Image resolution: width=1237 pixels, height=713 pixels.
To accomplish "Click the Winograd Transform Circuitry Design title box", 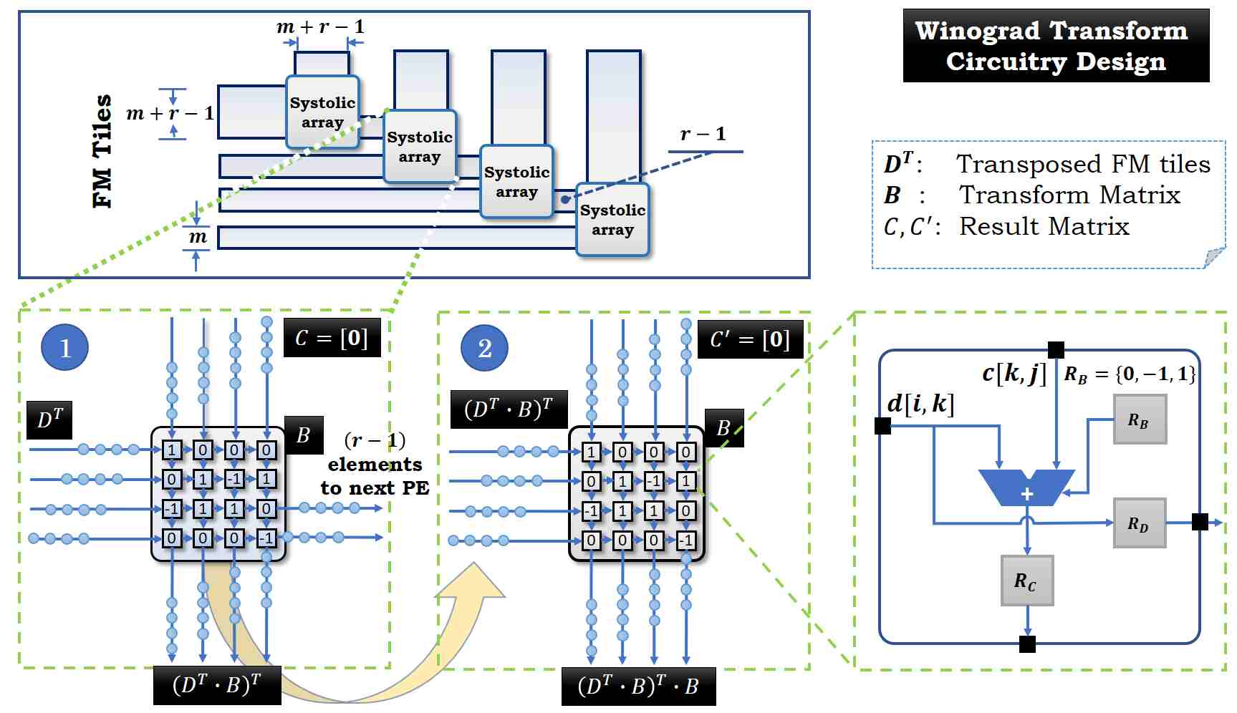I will pos(1055,46).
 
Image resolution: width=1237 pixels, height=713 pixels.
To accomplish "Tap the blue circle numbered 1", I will pos(65,347).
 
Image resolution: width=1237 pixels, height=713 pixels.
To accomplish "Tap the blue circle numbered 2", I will pos(485,348).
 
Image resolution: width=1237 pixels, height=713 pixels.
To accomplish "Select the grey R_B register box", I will pos(1139,420).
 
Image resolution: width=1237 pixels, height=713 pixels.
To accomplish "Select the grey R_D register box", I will pos(1139,524).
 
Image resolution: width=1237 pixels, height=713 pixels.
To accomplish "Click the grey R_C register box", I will pos(1026,581).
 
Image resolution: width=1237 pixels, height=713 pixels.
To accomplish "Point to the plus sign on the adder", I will pos(1026,494).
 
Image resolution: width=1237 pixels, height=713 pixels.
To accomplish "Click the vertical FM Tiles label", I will pos(103,151).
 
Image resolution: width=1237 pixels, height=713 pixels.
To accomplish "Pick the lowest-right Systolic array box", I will pos(612,220).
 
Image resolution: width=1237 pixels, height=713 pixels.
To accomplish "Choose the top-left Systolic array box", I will pos(322,112).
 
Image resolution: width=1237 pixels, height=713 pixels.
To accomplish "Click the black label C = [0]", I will pos(332,338).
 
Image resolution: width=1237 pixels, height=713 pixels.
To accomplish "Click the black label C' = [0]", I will pos(750,339).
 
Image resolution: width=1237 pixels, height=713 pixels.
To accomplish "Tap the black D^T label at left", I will pos(49,420).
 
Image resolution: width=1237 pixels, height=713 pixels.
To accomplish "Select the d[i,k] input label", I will pos(920,404).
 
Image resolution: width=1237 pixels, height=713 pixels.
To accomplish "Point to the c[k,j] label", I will pos(1014,373).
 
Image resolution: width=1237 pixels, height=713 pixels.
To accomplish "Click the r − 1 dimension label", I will pos(703,134).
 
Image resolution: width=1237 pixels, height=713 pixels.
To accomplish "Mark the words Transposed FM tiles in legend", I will pos(1083,164).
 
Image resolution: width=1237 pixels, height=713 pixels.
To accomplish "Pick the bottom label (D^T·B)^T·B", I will pos(637,687).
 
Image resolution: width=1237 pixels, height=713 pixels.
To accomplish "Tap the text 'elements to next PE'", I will pos(375,477).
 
